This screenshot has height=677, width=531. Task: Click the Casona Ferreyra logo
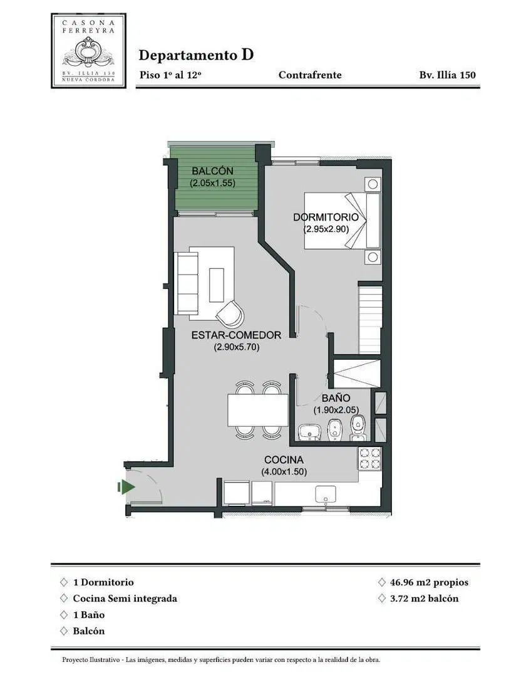pos(89,51)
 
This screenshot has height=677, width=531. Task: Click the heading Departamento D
pos(196,55)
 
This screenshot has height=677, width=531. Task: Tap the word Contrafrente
pos(310,75)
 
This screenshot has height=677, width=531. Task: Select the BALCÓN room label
pos(212,171)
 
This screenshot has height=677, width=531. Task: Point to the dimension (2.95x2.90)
pos(326,229)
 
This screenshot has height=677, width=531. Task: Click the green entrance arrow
pos(126,487)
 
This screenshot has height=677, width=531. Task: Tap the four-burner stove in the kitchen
pos(370,458)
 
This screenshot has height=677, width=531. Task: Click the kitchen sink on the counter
pos(326,495)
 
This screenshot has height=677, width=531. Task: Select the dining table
pos(258,410)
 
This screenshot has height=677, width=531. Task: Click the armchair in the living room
pos(230,313)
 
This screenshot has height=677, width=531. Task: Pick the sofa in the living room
pos(187,283)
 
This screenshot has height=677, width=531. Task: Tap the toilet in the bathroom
pos(358,428)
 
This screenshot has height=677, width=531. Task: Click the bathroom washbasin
pos(310,432)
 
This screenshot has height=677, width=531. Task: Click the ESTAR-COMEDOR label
pos(236,335)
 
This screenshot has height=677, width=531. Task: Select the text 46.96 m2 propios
pos(429,582)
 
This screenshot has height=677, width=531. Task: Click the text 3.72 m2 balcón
pos(424,599)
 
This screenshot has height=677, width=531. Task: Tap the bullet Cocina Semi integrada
pos(125,599)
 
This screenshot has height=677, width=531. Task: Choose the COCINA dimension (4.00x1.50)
pos(284,472)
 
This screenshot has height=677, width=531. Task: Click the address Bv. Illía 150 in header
pos(447,75)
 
